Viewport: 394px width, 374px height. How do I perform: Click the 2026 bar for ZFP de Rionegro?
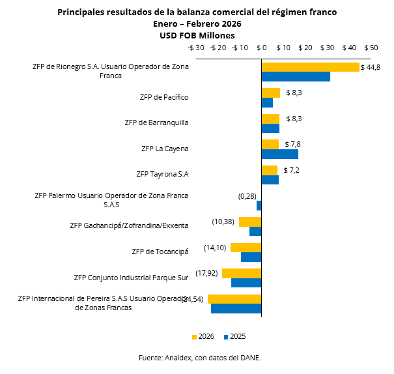coord(310,67)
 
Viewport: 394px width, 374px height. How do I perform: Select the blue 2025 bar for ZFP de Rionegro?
coord(296,76)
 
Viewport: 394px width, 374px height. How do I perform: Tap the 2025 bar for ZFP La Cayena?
coord(279,154)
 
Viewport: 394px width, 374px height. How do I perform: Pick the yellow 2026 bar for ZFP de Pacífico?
coord(270,93)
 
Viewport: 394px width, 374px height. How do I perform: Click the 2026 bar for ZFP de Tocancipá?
coord(246,248)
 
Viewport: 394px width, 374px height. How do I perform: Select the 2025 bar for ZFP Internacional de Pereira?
coord(236,308)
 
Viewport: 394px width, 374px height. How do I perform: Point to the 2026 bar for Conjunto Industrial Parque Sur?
coord(242,273)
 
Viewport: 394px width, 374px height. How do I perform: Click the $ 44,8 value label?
coord(371,68)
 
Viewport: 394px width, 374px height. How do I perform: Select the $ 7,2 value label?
coord(292,171)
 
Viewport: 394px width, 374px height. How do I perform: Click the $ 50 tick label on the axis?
coord(371,48)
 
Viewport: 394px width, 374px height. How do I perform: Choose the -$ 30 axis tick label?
coord(195,48)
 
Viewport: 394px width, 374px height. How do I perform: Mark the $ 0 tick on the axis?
coord(262,48)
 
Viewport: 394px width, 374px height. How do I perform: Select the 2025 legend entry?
coord(234,336)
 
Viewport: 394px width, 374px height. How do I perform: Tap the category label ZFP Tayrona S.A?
coord(162,174)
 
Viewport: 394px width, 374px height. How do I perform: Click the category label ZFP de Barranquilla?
coord(156,122)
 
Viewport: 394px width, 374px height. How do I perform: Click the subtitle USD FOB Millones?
coord(197,35)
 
